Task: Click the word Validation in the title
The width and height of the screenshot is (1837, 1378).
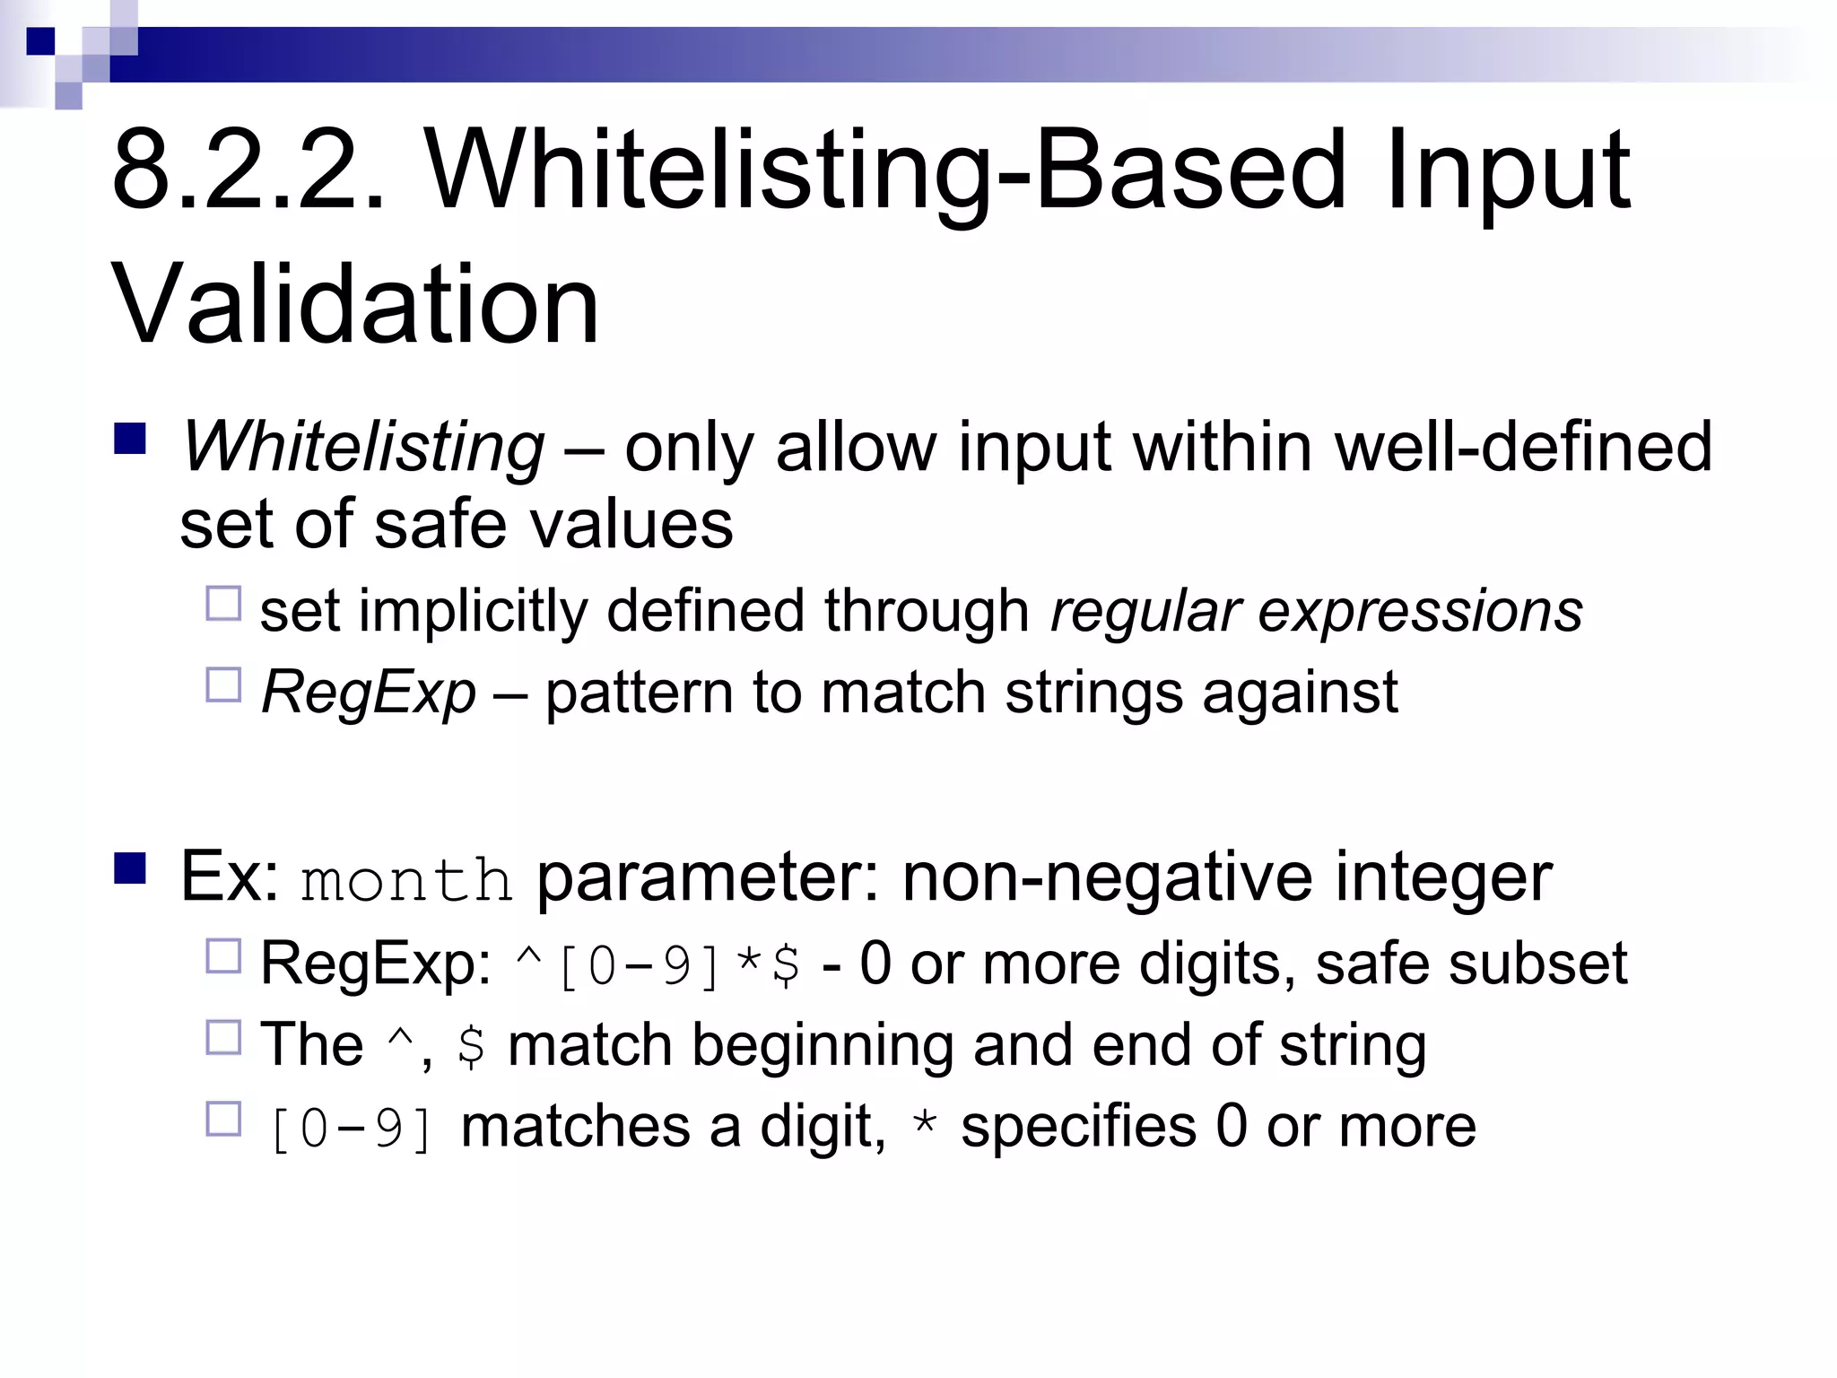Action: pos(355,304)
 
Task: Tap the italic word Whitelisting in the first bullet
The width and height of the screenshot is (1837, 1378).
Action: pos(362,446)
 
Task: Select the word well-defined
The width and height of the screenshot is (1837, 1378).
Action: pos(1524,446)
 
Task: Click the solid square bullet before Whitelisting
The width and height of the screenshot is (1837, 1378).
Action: pos(131,439)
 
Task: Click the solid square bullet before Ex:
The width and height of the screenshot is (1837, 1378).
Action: pos(131,868)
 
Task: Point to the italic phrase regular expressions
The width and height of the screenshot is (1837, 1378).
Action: pos(1316,612)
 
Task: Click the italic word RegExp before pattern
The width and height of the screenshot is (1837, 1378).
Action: pos(369,693)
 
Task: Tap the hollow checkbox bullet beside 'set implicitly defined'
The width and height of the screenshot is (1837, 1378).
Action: pos(223,604)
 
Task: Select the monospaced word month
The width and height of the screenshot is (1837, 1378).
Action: pos(406,880)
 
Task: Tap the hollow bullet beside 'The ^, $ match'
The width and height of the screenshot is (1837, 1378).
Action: pos(223,1038)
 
